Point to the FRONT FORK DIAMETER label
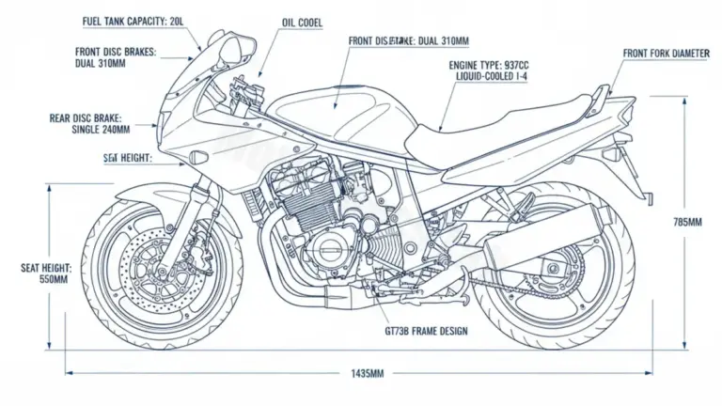coord(666,54)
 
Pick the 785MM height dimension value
coord(688,222)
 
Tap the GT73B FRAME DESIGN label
coord(426,332)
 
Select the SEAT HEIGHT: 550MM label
coord(45,273)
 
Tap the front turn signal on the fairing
coord(198,155)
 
